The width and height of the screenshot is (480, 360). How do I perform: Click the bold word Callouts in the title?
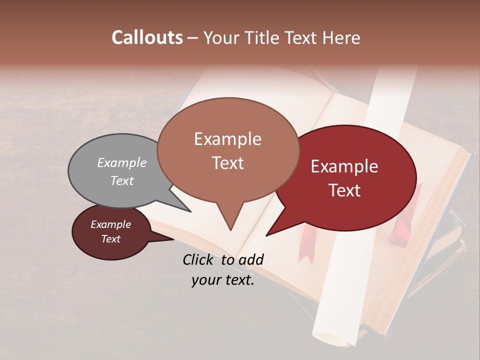(147, 37)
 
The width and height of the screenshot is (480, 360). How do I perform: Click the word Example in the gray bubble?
(122, 162)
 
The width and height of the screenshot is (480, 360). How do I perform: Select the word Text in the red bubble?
(345, 190)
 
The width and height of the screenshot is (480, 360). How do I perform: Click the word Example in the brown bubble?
(227, 139)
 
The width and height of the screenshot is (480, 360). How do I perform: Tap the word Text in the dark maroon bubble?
(111, 239)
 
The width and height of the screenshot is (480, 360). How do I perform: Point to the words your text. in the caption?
(223, 280)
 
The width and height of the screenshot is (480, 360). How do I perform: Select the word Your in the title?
(221, 37)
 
